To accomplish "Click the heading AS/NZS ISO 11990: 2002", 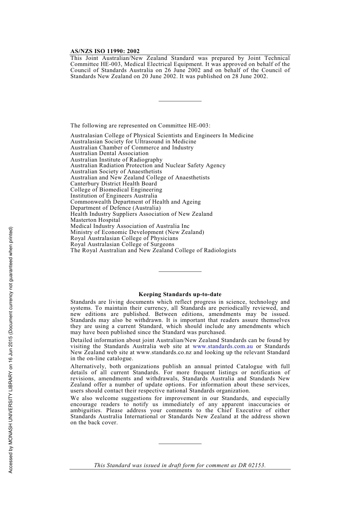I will click(x=105, y=51).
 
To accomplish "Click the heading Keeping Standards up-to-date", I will click(x=180, y=294).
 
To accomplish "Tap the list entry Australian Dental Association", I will click(x=110, y=154).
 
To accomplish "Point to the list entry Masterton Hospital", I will click(x=95, y=220).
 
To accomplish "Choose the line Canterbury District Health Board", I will click(x=113, y=184).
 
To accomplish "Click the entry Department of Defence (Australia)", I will click(x=116, y=208).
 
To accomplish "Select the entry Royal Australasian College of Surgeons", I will click(x=122, y=244).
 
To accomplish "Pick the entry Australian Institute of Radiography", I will click(x=116, y=160).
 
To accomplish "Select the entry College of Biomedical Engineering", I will click(x=116, y=190).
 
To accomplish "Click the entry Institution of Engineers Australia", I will click(x=114, y=196).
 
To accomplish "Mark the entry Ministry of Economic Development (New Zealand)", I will click(x=137, y=232).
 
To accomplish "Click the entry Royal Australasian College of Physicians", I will click(x=124, y=238).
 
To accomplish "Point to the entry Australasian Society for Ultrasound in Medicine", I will click(x=133, y=141).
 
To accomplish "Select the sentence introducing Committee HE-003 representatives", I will click(x=140, y=126).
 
